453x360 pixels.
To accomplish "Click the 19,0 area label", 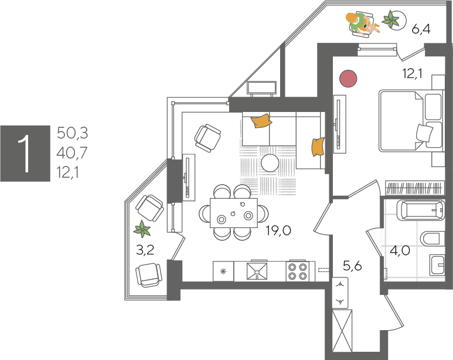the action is pos(278,231).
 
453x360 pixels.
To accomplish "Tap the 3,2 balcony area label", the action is pos(145,250).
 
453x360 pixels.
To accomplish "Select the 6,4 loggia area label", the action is pos(421,29).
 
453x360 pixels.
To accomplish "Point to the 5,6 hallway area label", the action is pos(352,266).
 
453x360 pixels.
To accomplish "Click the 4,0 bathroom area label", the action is pos(400,250).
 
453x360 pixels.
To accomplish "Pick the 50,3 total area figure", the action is pos(72,133).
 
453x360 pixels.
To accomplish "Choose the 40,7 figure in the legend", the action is pos(71,152).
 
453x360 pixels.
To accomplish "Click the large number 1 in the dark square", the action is pos(24,154).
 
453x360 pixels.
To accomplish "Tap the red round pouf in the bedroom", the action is pos(348,79).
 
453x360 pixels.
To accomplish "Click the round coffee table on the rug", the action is pos(270,163).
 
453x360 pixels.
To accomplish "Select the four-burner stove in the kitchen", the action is pos(298,271).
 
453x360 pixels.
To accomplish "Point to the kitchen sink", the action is pos(257,271).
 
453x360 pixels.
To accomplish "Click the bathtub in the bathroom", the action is pos(421,210).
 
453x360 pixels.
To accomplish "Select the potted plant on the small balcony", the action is pos(142,229).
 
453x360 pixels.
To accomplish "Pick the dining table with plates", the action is pos(234,213).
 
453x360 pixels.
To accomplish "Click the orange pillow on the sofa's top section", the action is pos(261,120).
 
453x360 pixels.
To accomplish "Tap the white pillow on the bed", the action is pos(424,133).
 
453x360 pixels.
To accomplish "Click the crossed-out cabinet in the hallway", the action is pos(342,331).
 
